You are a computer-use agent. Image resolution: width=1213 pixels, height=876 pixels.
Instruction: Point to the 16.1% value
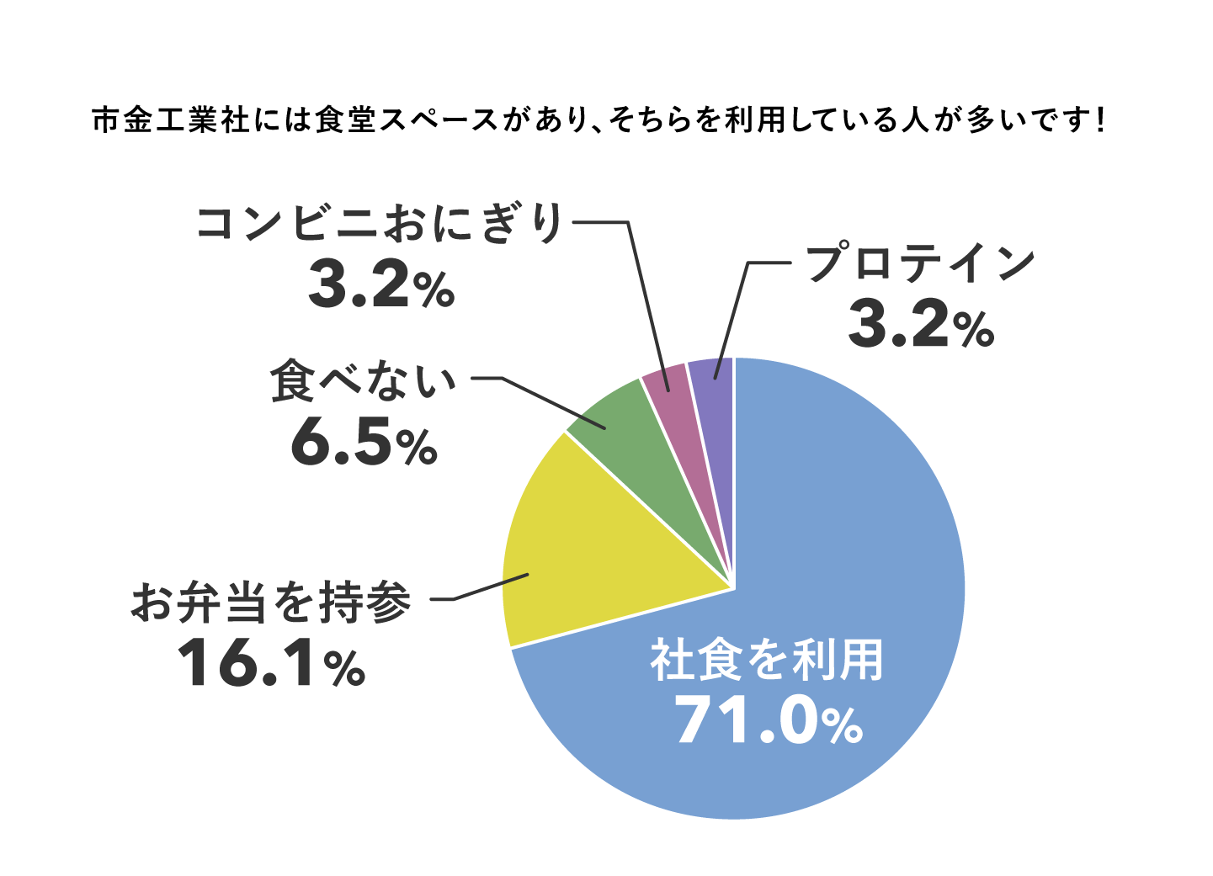tap(271, 664)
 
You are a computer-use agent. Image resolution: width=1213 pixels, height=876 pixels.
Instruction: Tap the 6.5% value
tap(364, 443)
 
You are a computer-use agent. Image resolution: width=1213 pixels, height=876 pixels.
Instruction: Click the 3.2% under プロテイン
tap(921, 326)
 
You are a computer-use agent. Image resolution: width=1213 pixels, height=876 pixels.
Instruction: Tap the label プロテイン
tap(920, 263)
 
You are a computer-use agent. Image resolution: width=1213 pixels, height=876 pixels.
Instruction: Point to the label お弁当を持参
tap(271, 603)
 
